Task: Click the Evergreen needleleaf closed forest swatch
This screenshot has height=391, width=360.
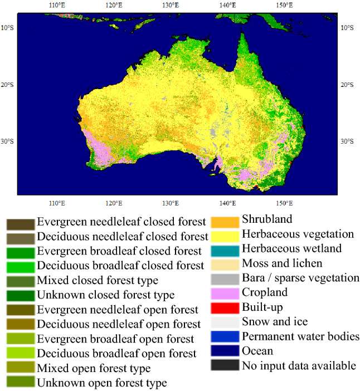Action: click(x=20, y=224)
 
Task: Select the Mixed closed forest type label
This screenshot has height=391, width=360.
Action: click(x=98, y=280)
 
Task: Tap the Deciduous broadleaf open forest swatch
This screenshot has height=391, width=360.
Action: click(x=20, y=353)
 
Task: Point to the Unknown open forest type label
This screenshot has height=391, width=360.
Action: click(x=102, y=382)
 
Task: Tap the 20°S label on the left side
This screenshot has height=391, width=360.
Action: click(x=8, y=84)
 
